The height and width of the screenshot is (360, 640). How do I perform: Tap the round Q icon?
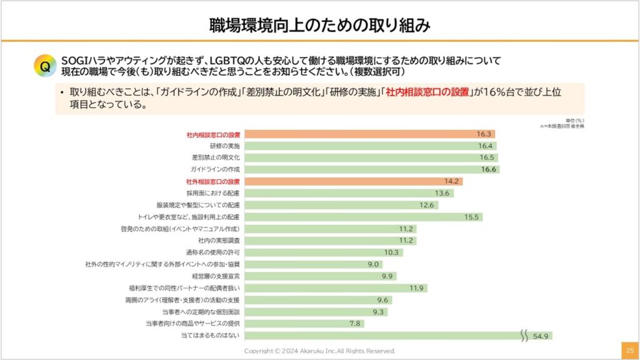pos(45,66)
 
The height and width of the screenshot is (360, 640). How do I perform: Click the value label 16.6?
pos(488,169)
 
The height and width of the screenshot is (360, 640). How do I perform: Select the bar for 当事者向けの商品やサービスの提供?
pos(293,324)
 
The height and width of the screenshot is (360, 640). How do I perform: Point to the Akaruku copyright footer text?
pos(319,351)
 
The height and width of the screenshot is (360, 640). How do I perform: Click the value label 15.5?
pos(472,217)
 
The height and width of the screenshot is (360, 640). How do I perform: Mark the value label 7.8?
pos(355,324)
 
